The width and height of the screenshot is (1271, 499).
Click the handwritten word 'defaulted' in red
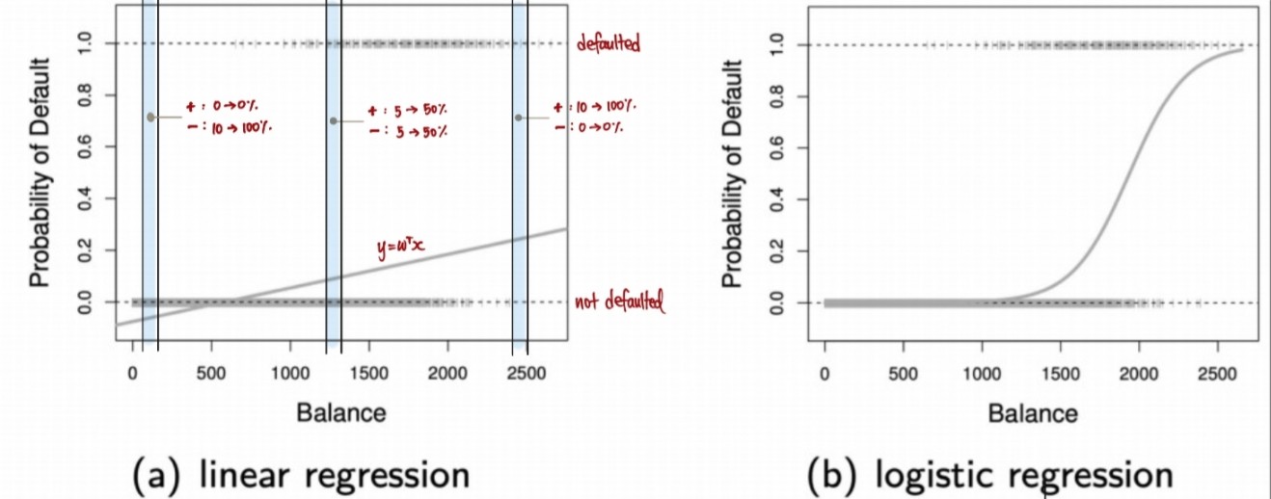[x=608, y=43]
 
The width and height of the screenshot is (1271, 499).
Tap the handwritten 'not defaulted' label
[x=620, y=303]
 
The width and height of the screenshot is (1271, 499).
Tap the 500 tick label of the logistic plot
[x=903, y=370]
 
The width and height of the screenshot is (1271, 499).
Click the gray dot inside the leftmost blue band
[x=150, y=117]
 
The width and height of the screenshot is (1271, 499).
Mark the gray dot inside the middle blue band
[x=334, y=120]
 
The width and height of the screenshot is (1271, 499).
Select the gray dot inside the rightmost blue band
[x=519, y=118]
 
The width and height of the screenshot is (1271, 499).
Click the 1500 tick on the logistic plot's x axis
[x=1059, y=370]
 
